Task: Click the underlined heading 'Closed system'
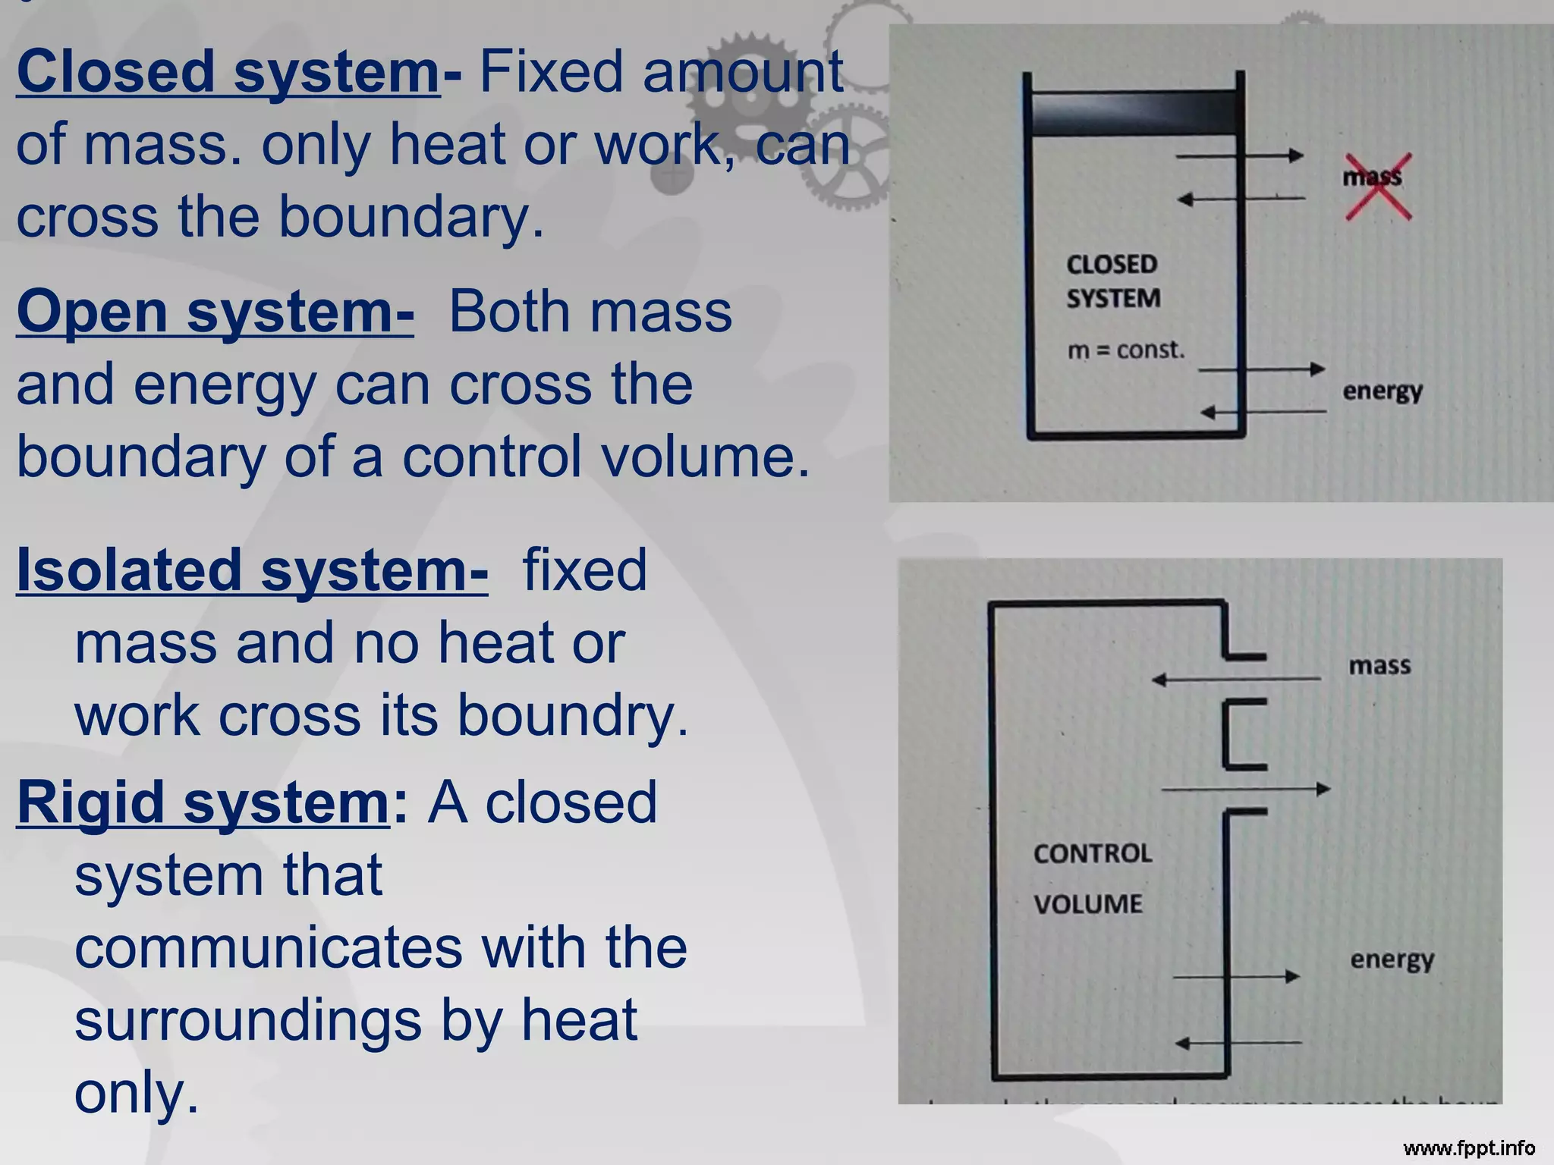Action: pos(228,71)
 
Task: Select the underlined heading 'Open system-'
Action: pos(215,312)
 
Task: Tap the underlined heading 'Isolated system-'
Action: pos(252,570)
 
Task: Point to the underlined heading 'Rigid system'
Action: pos(203,802)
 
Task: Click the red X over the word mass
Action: pos(1378,186)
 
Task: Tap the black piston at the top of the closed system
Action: pos(1133,114)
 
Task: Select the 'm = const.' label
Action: pos(1125,350)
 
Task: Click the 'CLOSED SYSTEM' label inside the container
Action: pos(1112,281)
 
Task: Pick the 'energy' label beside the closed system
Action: pos(1382,391)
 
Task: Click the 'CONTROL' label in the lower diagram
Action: pos(1092,854)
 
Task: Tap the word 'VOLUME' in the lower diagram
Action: pos(1087,904)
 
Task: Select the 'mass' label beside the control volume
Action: pos(1379,666)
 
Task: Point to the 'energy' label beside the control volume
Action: pos(1392,959)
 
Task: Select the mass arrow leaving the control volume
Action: pos(1245,790)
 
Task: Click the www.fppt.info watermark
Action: pos(1468,1148)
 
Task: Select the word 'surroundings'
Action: pos(248,1021)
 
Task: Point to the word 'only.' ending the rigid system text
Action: pos(137,1093)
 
